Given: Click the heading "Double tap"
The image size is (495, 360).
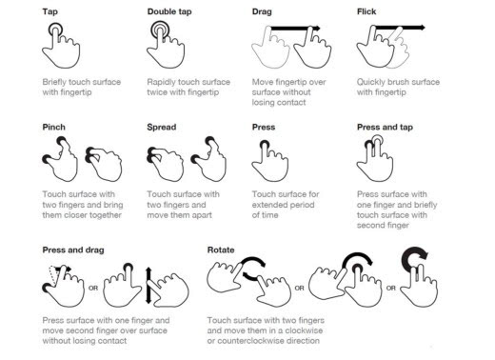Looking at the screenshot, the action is point(169,12).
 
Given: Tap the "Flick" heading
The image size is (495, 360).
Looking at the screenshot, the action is point(366,11).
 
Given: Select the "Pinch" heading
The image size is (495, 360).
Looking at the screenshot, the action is point(54,128).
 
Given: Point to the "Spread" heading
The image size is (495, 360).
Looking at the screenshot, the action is point(162,128).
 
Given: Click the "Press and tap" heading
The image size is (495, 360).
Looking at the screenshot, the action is point(385,128).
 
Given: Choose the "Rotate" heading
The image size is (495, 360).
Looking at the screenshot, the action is point(221,250).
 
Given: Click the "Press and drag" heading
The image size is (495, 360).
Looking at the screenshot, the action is point(73,250).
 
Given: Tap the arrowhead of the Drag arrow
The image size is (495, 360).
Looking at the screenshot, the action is point(316,29).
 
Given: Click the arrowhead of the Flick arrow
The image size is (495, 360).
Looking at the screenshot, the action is point(422,28).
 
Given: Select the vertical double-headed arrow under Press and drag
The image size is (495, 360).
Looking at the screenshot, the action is point(148,286).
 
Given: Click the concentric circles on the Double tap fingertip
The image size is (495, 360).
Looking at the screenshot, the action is point(160,30).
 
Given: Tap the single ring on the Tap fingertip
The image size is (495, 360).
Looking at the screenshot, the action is point(55,30).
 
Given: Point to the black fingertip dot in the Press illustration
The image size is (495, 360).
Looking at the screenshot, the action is point(265,145).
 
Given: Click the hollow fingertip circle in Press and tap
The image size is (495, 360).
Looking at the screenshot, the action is point(377,140).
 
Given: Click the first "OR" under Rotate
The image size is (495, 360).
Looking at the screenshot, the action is point(299,289).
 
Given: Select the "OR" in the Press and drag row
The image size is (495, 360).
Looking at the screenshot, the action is point(93,289).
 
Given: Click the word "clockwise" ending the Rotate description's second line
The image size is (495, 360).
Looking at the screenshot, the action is point(304,330).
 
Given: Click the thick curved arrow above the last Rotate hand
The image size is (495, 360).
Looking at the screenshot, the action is point(412,255).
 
